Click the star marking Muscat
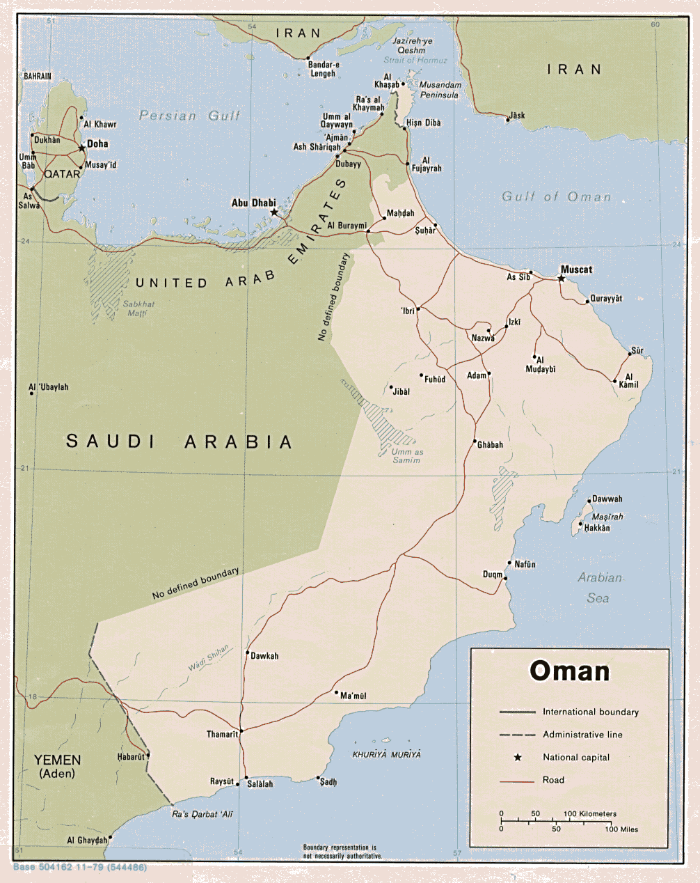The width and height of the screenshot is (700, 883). (562, 279)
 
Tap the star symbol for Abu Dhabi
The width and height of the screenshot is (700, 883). (274, 212)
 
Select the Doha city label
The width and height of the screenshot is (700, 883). (97, 144)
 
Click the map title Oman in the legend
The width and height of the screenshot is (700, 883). (569, 671)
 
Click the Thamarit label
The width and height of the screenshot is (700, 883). (222, 734)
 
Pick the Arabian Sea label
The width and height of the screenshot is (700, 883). (599, 587)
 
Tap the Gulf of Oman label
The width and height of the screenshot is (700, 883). (556, 197)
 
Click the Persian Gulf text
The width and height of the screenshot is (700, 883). (189, 116)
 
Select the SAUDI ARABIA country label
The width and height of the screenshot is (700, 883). (180, 441)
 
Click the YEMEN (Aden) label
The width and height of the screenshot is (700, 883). (58, 766)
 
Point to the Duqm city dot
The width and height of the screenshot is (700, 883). (505, 578)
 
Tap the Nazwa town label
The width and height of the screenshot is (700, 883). (483, 338)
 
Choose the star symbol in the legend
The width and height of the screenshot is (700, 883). (518, 757)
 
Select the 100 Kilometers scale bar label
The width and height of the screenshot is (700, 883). (590, 813)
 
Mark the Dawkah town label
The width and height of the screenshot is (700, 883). (264, 656)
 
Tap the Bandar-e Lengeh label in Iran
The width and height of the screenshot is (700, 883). (322, 69)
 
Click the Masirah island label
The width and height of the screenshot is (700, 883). (607, 517)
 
